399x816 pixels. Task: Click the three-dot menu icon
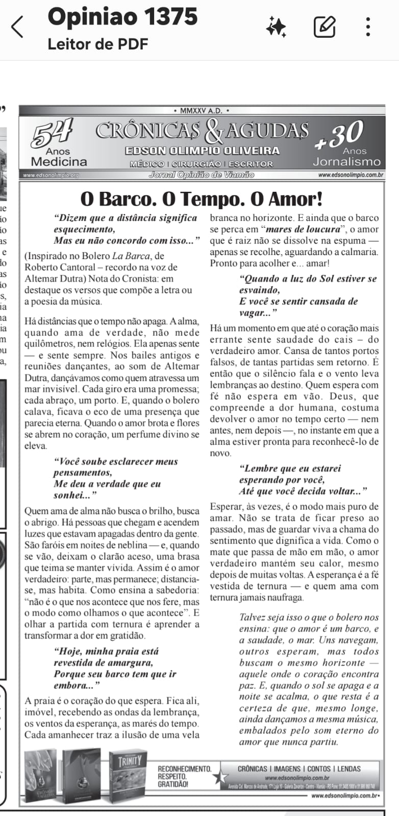368,27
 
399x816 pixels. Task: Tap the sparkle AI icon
276,27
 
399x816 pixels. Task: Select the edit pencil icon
325,27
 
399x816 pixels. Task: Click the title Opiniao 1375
122,16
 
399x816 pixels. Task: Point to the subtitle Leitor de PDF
97,44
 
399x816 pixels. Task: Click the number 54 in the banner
53,134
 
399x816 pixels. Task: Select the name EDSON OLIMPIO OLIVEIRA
202,150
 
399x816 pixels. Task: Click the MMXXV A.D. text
201,110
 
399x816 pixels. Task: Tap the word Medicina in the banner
59,162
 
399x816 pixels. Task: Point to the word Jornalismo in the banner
346,162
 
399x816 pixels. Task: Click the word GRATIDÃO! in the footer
173,784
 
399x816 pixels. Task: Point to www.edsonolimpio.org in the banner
51,175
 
